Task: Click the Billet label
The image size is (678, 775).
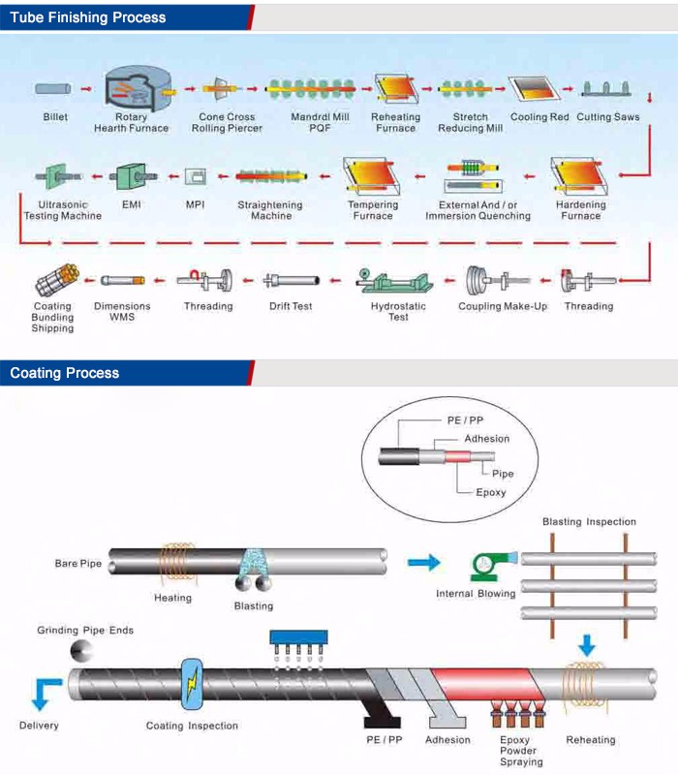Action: point(55,117)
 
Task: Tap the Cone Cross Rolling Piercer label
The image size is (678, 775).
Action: point(227,123)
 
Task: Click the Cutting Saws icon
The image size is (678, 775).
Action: point(606,90)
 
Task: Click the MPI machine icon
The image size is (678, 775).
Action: point(196,176)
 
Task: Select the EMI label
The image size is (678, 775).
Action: point(131,205)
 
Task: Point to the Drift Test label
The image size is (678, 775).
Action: point(291,306)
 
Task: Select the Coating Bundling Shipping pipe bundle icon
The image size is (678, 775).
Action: point(52,282)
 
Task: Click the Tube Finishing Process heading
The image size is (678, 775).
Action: point(88,17)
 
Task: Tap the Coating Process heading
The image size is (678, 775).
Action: point(65,373)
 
